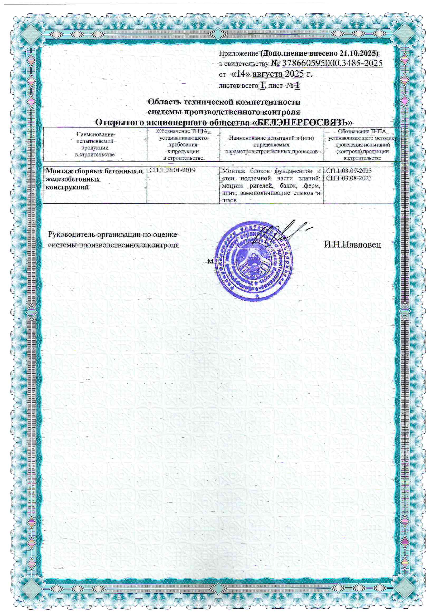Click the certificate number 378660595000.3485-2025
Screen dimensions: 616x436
pos(332,63)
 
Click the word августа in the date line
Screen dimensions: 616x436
pos(267,74)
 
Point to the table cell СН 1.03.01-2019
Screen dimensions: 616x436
pos(172,170)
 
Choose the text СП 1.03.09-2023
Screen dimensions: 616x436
pos(349,171)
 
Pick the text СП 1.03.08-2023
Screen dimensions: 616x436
pos(349,178)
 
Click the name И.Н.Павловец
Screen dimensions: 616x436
pos(352,245)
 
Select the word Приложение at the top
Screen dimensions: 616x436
pos(238,53)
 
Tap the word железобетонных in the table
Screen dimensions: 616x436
pos(73,179)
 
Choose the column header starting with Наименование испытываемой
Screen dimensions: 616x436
pos(95,144)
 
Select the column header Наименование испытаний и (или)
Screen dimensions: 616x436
pos(271,138)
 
